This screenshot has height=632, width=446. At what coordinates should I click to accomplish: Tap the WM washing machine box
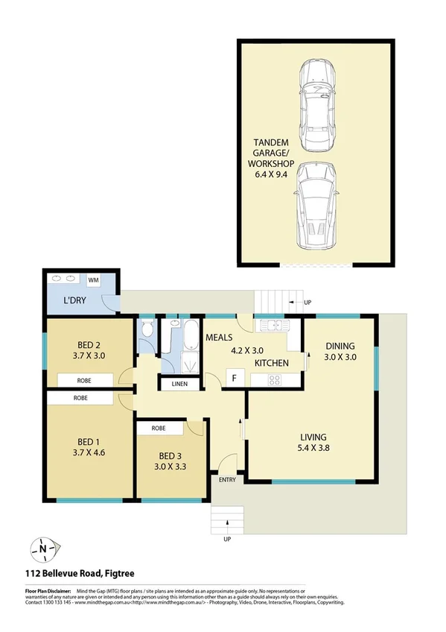94,280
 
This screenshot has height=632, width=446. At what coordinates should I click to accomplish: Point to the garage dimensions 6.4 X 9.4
273,175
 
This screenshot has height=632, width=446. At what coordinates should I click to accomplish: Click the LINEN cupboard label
179,385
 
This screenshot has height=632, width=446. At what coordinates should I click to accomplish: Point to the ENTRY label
227,479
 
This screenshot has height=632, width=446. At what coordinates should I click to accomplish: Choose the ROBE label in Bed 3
159,429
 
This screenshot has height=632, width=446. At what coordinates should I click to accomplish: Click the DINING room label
340,346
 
